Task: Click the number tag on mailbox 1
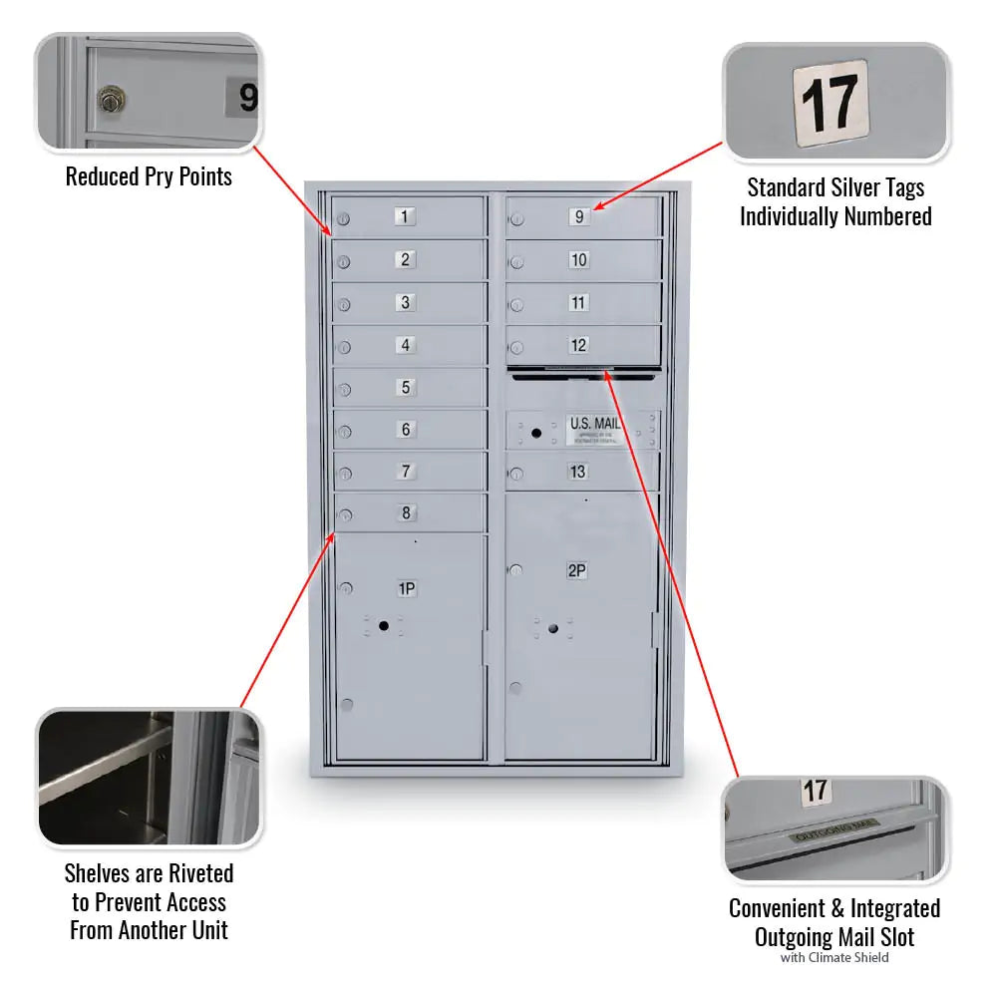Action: (x=405, y=216)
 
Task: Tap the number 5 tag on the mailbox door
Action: (x=405, y=387)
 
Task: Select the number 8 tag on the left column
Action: (x=406, y=513)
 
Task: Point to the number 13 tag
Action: (x=578, y=472)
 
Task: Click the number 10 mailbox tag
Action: (x=579, y=260)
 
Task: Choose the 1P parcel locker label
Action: (x=407, y=588)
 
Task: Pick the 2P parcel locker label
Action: (x=576, y=570)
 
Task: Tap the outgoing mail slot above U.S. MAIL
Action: (x=582, y=376)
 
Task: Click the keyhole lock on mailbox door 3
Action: (x=344, y=305)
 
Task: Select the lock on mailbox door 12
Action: (x=516, y=348)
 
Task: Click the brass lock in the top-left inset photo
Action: (x=110, y=99)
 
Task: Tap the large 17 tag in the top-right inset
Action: (x=830, y=103)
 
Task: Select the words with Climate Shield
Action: (x=833, y=958)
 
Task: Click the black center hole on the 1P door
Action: (x=383, y=624)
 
